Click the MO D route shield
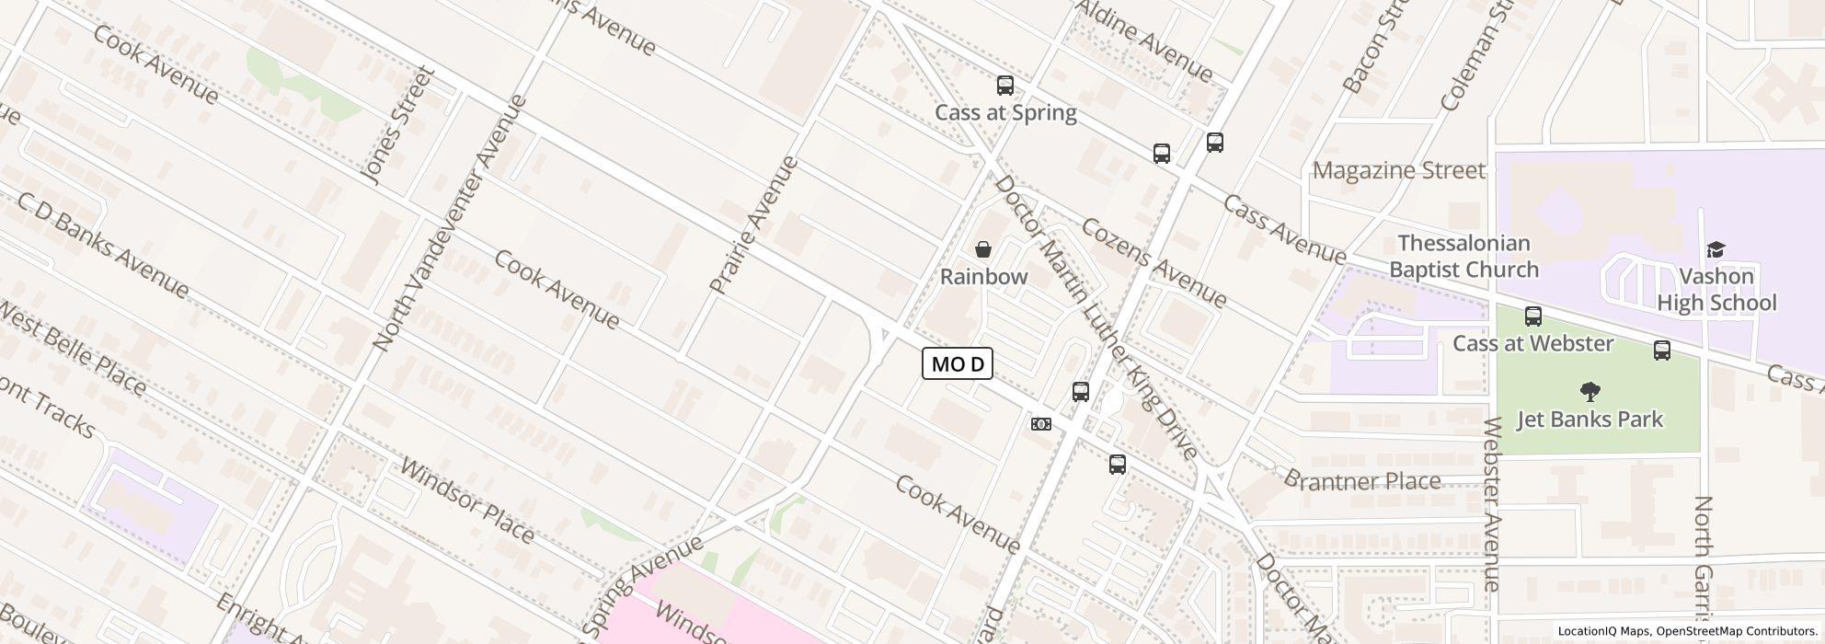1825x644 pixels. (958, 363)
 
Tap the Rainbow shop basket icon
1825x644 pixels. (983, 249)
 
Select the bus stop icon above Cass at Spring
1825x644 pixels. (1005, 86)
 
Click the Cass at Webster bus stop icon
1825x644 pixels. (1533, 316)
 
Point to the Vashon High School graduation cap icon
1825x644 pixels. (1716, 249)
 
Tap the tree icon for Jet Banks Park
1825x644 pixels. (1590, 393)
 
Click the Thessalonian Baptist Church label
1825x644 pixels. (1463, 257)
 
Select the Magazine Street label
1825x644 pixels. (1398, 170)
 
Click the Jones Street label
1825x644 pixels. (397, 125)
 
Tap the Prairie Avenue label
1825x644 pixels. (753, 225)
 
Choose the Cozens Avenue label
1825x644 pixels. (1154, 263)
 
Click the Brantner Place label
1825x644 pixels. (1361, 480)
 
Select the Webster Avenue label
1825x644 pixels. (1492, 504)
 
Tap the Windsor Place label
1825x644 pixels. (467, 500)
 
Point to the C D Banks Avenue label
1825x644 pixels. (103, 246)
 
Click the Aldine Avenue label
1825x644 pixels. (1144, 40)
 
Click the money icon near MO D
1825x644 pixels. (1041, 424)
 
